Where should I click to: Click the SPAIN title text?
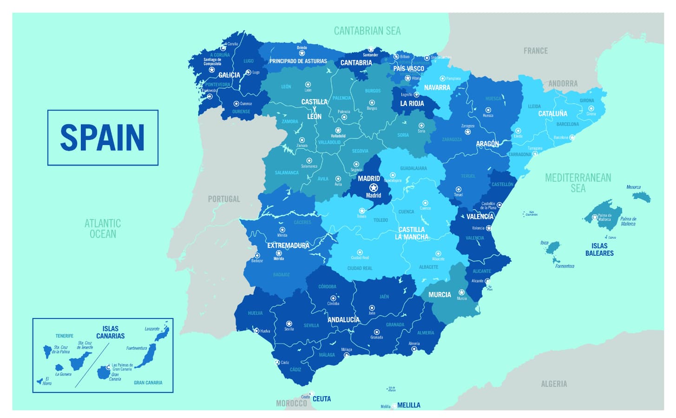coord(102,137)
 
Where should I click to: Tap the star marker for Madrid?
coord(373,187)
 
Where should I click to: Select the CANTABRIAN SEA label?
coord(367,31)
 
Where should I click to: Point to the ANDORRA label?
coord(563,84)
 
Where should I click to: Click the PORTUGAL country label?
coord(224,199)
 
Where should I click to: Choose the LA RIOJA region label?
coord(412,103)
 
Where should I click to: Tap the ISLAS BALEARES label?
coord(599,250)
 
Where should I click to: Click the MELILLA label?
coord(409,405)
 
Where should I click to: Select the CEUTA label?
coord(322,399)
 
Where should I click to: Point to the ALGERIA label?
coord(554,384)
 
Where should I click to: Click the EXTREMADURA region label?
coord(288,245)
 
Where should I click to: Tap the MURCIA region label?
coord(440,294)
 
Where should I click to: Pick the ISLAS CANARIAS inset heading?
coord(111,332)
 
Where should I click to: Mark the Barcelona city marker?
coord(572,138)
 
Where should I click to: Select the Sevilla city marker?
coord(289,323)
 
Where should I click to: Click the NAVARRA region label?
coord(437,87)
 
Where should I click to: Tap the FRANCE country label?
coord(535,51)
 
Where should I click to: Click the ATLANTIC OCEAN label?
coord(103,228)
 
